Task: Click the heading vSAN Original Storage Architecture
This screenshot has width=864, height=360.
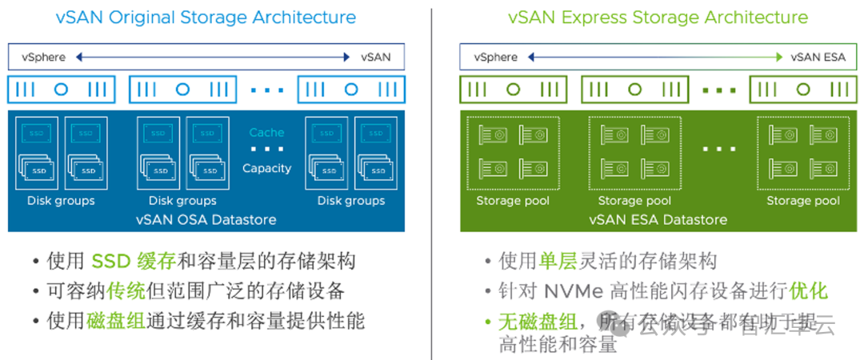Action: [206, 17]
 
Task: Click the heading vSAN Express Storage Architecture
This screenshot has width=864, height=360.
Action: [658, 17]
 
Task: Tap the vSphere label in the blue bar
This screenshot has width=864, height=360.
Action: [46, 57]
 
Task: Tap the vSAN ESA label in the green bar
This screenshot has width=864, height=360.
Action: [817, 57]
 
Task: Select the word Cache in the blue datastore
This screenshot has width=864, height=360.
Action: [266, 133]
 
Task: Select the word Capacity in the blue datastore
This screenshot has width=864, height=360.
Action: [266, 168]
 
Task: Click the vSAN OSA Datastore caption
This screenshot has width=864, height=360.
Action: [206, 219]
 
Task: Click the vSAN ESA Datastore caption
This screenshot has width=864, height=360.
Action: [658, 219]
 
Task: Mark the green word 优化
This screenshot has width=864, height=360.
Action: [808, 291]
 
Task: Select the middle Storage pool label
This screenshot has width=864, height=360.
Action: [634, 201]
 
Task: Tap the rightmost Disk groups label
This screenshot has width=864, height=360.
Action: [351, 201]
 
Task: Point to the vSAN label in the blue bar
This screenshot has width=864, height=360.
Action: [376, 57]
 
